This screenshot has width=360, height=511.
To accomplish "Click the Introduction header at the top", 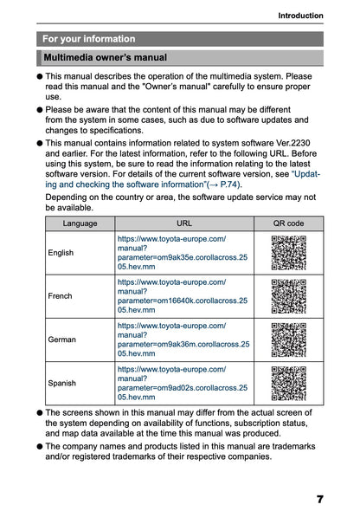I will [x=300, y=16].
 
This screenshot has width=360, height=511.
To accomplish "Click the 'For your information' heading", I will [x=89, y=39].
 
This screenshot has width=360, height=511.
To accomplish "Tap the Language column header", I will [x=80, y=223].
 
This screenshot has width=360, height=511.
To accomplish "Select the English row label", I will [x=61, y=253].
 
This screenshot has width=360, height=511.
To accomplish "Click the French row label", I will [x=61, y=295].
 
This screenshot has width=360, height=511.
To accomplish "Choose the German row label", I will [x=62, y=339].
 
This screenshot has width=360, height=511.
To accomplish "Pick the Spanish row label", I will [x=62, y=382].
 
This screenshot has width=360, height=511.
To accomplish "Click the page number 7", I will [x=319, y=499].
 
